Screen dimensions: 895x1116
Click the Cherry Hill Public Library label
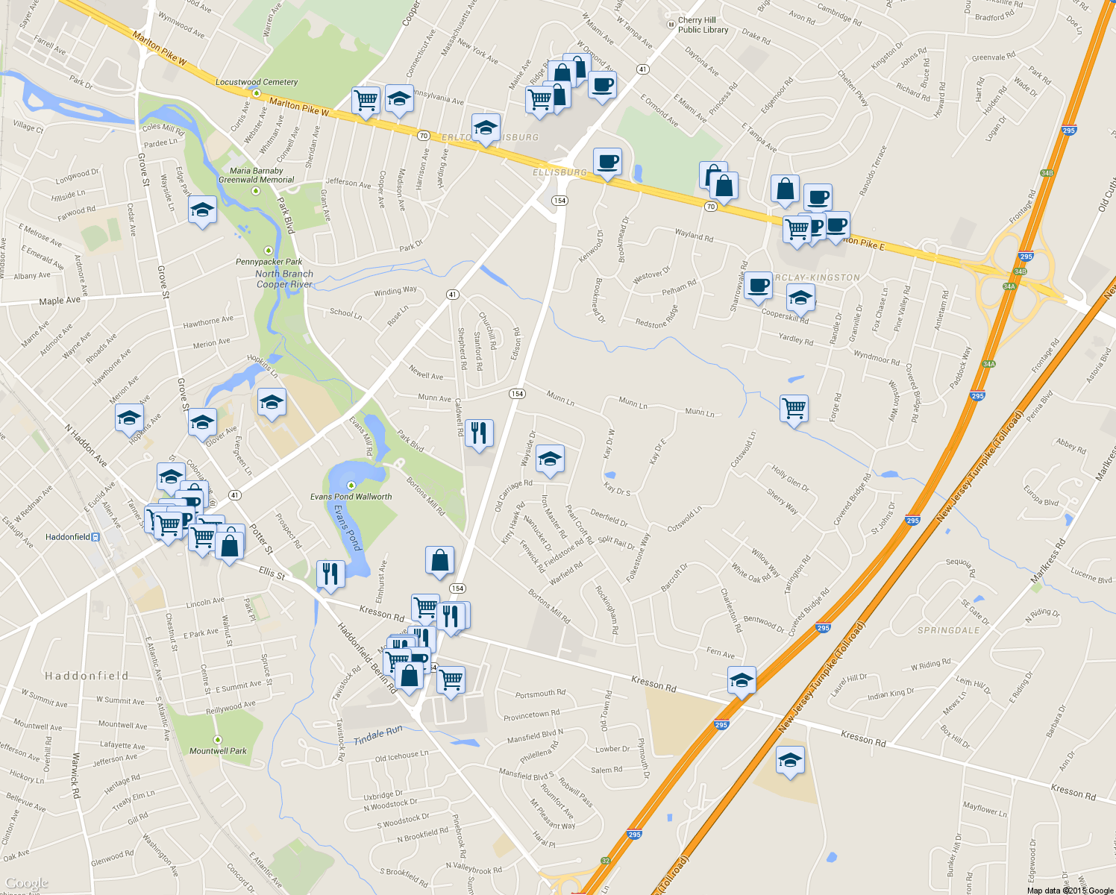pos(703,25)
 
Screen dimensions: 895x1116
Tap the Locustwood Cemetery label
pos(257,82)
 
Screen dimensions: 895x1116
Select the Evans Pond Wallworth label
pos(351,496)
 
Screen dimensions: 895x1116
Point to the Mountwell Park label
pos(218,751)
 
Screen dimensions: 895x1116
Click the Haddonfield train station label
pos(68,537)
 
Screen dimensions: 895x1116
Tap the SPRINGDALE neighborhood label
pos(948,630)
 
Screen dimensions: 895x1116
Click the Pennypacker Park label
pos(269,262)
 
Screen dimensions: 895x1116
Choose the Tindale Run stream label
pos(378,735)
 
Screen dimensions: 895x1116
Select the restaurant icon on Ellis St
pos(330,574)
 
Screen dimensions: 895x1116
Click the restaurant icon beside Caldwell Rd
pos(479,432)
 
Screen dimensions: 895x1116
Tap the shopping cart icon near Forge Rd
pos(794,408)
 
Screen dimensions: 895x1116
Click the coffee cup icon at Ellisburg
pos(608,160)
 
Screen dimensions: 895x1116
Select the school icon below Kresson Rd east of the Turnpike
pos(790,760)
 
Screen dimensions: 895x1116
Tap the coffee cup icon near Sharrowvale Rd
pos(758,285)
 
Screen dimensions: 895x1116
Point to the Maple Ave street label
pos(60,301)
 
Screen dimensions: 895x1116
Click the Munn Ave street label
pos(434,398)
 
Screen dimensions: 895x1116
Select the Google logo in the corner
pos(27,884)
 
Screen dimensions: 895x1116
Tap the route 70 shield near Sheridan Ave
pos(424,136)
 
